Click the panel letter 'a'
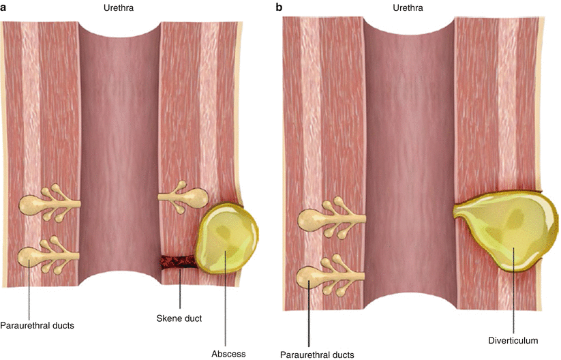coord(3,8)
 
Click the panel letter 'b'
coord(279,7)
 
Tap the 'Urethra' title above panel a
coord(119,7)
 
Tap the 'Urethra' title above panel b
coord(408,7)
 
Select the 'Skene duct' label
coord(179,318)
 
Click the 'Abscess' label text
coord(228,354)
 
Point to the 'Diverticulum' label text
coord(513,340)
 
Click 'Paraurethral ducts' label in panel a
coord(37,326)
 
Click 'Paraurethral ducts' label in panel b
coord(317,355)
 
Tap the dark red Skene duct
coord(178,262)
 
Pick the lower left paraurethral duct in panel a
coord(48,256)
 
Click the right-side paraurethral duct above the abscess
coord(183,197)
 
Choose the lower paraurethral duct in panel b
coord(331,275)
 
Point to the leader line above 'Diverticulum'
coord(514,290)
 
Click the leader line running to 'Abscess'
coord(226,299)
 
